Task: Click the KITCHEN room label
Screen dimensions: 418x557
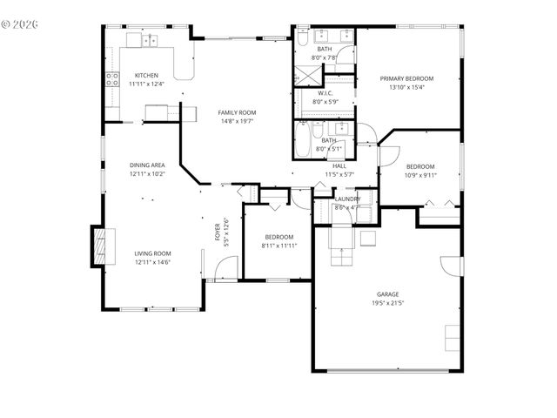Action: tap(145, 76)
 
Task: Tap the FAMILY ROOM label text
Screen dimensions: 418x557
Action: tap(236, 112)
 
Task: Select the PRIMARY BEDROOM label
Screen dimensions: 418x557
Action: tap(406, 78)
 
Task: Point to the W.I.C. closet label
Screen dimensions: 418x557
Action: tap(325, 93)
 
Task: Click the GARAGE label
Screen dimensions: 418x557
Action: tap(387, 294)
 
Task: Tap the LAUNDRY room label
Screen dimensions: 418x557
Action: tap(347, 199)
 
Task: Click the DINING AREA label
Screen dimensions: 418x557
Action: tap(147, 165)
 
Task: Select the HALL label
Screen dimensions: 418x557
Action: tap(339, 165)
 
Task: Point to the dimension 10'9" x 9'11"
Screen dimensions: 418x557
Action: tap(420, 175)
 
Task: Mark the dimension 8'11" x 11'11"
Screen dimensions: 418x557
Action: tap(278, 246)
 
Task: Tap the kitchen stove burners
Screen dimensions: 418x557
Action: tap(112, 81)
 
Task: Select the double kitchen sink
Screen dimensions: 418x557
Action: tap(145, 39)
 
